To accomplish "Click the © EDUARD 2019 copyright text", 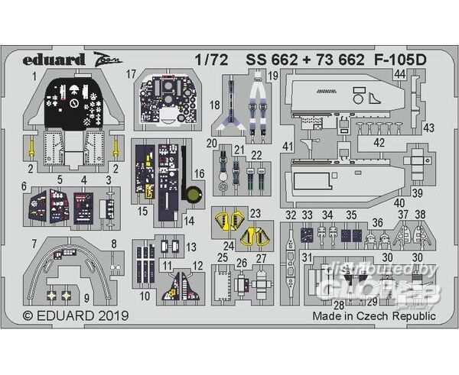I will click(x=75, y=315).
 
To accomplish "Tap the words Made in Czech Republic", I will click(x=374, y=315).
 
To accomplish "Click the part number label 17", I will click(x=132, y=75).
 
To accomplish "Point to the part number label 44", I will click(x=400, y=74).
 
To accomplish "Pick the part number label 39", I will click(x=417, y=192).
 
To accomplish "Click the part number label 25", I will click(x=223, y=257).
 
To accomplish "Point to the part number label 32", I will click(x=290, y=215).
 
